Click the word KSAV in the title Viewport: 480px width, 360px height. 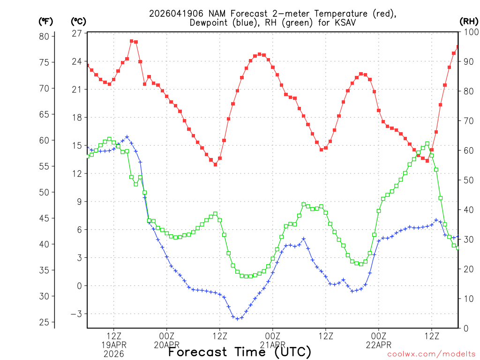click(337, 22)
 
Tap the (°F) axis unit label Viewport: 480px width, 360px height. click(45, 22)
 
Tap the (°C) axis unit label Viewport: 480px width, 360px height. click(78, 22)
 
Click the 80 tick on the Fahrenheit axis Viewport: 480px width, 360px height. click(45, 37)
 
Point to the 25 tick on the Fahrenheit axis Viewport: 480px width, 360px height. click(45, 322)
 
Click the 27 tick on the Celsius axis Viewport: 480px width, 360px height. click(77, 33)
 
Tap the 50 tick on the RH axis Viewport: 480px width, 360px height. click(467, 180)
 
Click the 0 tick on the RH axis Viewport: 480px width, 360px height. click(465, 328)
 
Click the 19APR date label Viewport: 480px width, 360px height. click(114, 345)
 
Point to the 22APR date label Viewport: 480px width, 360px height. click(379, 345)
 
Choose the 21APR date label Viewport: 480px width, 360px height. click(273, 345)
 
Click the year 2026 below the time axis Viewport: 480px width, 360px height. click(114, 354)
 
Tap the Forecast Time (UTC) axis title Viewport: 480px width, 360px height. click(240, 352)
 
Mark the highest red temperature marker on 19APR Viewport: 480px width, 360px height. click(132, 41)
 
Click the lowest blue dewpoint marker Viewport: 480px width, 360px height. click(237, 319)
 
